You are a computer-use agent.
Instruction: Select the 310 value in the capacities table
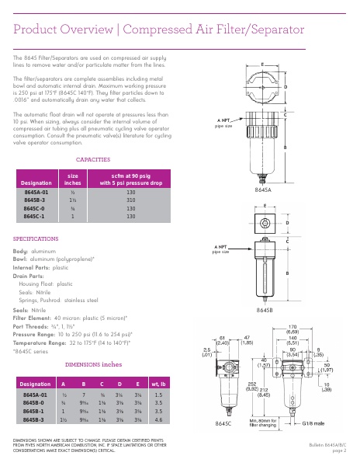point(131,200)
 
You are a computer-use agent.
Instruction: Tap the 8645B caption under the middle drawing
point(264,310)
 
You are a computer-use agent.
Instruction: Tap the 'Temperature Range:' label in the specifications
point(40,342)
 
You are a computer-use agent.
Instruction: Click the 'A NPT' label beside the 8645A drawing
point(223,120)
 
